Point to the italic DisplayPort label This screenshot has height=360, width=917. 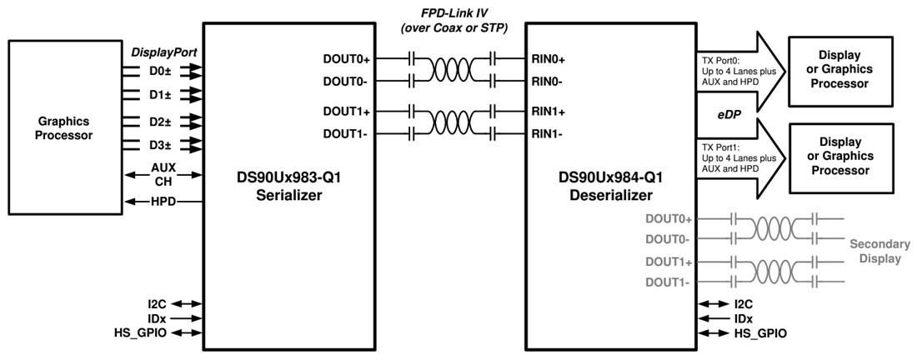coord(163,52)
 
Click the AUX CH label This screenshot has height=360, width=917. coord(163,174)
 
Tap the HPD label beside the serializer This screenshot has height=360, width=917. coord(163,202)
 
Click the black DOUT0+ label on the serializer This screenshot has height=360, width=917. coord(352,59)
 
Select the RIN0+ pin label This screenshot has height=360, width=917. coord(549,59)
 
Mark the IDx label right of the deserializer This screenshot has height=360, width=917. coord(744,318)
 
